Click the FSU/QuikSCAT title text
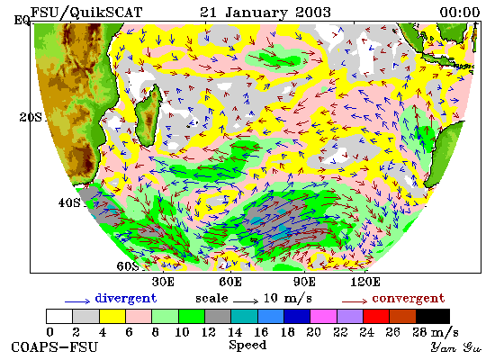86,13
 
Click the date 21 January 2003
265,13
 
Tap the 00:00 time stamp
460,13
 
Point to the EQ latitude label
22,21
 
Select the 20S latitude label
31,117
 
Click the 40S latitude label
69,202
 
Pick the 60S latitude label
128,266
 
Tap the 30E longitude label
163,282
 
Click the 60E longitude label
230,282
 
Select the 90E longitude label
304,282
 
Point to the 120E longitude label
365,282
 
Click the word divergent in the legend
126,299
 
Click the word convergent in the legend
409,299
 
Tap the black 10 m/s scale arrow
246,301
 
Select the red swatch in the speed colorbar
376,317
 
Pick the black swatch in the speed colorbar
433,317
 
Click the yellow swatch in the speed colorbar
112,317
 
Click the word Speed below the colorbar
247,346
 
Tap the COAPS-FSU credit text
54,347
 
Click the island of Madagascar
148,116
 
